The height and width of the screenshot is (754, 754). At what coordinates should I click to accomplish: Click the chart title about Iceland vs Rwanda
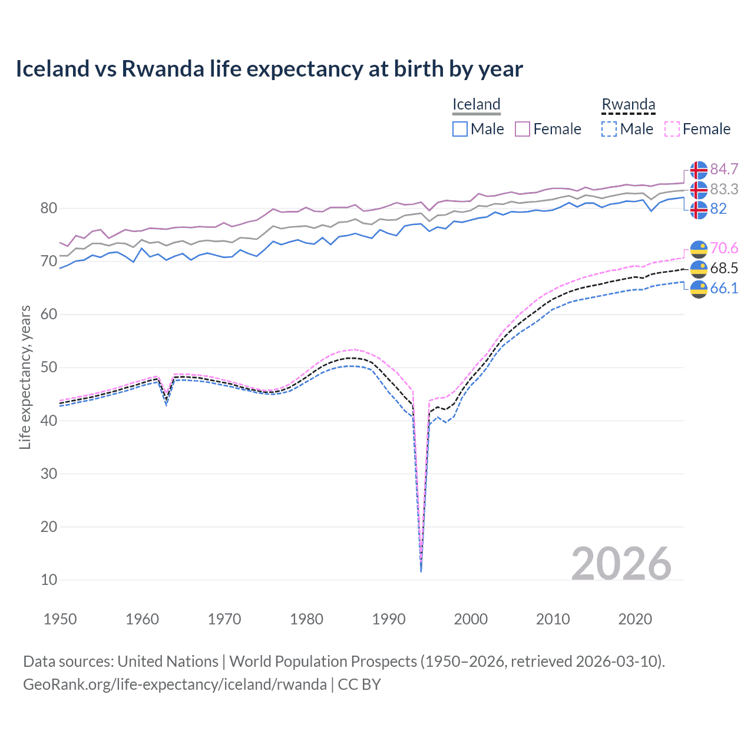[269, 69]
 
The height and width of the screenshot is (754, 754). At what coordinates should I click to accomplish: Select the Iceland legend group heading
[476, 104]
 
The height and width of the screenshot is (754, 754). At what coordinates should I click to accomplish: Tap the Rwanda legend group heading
[628, 104]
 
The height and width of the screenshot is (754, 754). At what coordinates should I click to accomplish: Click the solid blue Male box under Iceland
[460, 129]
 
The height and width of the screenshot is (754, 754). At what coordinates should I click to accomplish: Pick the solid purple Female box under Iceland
[522, 129]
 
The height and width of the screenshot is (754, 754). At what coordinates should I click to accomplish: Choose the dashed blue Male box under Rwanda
[609, 129]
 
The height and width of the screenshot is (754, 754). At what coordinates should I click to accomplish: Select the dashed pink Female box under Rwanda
[672, 129]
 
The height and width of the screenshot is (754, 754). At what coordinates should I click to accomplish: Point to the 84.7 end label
[724, 170]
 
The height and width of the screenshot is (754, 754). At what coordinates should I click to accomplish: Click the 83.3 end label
[724, 190]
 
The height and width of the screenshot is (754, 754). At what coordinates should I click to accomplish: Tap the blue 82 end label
[718, 209]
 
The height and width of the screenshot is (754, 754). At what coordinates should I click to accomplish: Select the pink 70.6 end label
[724, 249]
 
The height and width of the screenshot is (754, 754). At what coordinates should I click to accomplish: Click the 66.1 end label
[724, 288]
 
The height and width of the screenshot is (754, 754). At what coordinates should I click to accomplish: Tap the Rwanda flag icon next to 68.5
[699, 269]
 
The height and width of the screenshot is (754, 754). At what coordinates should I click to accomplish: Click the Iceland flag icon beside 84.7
[699, 170]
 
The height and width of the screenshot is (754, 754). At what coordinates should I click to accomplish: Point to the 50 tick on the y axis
[49, 368]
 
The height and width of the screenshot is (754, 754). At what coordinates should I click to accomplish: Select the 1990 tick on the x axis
[389, 619]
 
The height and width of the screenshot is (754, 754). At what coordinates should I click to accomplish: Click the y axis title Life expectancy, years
[25, 377]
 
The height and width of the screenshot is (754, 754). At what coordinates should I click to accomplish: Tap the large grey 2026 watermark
[621, 564]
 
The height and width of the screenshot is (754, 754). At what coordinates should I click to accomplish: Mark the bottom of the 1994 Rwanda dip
[421, 570]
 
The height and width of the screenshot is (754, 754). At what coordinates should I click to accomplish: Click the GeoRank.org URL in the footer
[174, 684]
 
